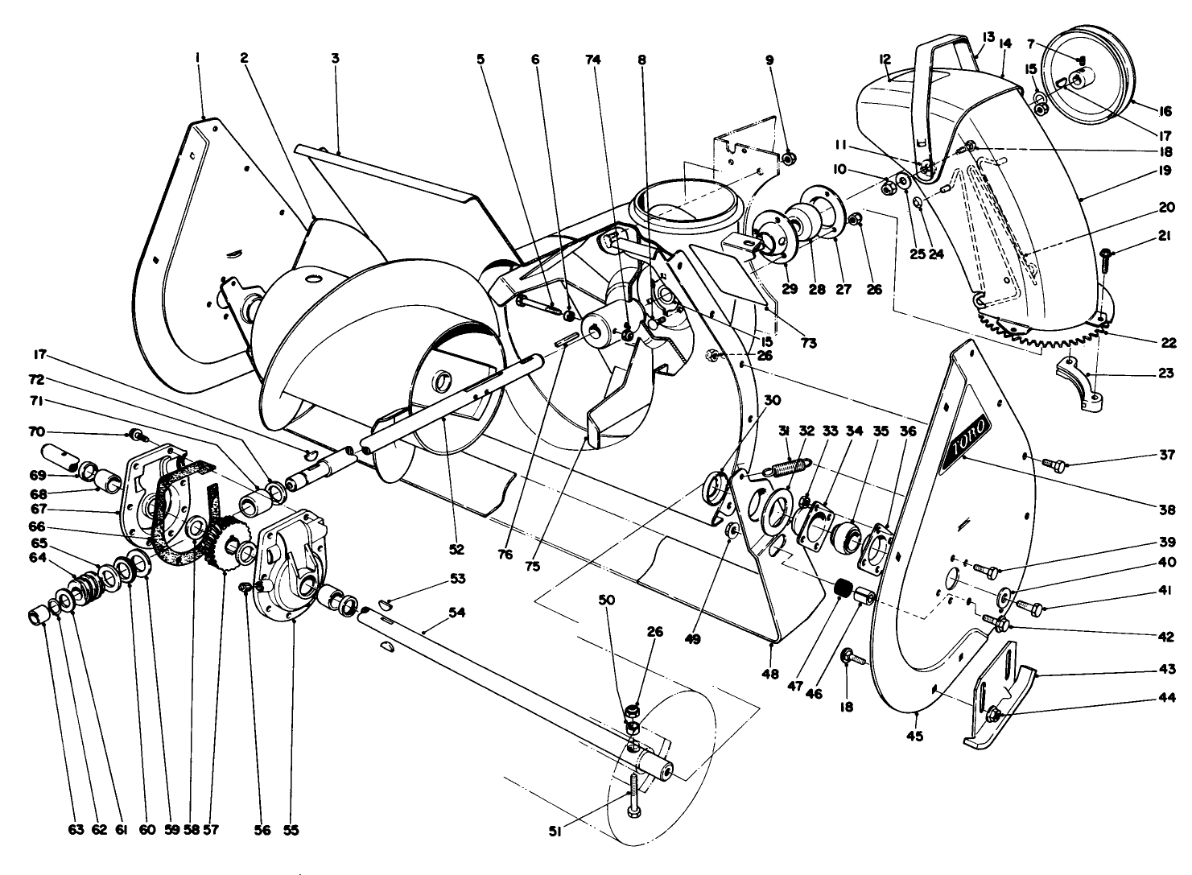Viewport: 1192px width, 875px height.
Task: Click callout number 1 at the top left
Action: click(196, 58)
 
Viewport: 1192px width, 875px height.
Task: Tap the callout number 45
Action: click(915, 735)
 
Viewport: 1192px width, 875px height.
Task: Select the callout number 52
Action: click(457, 550)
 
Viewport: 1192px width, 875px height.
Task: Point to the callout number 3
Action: click(335, 58)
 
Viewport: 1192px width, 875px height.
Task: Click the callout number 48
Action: click(770, 675)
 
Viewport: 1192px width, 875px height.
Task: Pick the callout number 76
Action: click(505, 555)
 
